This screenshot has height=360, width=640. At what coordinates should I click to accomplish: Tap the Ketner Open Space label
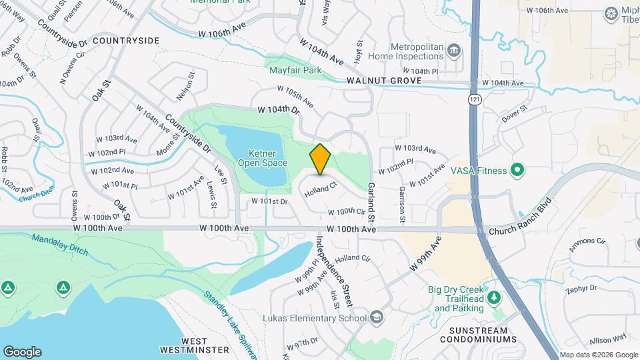[x=263, y=158]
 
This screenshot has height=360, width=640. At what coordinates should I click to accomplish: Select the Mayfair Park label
[x=295, y=69]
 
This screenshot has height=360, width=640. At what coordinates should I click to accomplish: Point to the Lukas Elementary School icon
[x=377, y=317]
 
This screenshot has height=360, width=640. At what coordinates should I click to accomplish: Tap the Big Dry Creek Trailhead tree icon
[x=494, y=297]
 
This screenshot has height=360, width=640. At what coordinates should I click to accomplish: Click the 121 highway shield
[x=473, y=99]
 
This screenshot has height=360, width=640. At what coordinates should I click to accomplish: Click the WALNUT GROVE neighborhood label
[x=383, y=81]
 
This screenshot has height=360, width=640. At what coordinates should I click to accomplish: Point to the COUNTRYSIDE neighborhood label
[x=126, y=41]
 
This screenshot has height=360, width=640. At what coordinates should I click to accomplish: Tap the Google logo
[x=22, y=352]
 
